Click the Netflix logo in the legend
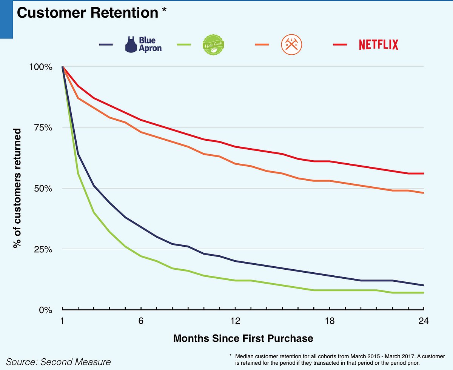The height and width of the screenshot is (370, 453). (379, 45)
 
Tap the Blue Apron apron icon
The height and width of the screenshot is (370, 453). (131, 45)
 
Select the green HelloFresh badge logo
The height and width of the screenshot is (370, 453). (213, 45)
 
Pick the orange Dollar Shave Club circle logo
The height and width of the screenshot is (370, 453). (291, 45)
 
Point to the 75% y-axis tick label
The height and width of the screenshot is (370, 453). (43, 127)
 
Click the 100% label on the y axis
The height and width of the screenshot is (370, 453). (41, 67)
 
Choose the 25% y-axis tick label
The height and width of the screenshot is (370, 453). (43, 249)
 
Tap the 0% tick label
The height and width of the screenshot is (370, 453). (46, 310)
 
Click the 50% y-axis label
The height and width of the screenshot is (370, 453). (43, 189)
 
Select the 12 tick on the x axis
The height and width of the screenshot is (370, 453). (236, 321)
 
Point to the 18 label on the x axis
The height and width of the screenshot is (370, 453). (330, 321)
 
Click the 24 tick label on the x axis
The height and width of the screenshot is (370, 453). (424, 321)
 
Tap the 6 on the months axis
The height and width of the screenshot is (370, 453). (141, 321)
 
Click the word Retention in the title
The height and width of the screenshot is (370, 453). (124, 13)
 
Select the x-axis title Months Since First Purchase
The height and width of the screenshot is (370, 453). (243, 338)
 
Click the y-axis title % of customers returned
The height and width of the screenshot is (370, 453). (17, 188)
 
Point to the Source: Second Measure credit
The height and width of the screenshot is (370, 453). (58, 362)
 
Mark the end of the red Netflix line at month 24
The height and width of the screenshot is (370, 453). (424, 173)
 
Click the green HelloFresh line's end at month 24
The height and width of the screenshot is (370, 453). (424, 293)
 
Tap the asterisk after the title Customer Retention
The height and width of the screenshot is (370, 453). (164, 9)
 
